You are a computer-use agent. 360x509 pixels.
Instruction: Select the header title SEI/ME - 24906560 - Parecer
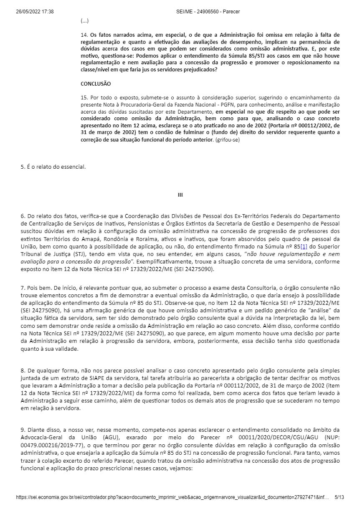[208, 12]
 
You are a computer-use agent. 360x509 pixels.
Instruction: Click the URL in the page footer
[172, 498]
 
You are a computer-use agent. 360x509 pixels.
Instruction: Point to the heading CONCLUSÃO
[96, 84]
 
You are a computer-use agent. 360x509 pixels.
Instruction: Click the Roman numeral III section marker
[180, 195]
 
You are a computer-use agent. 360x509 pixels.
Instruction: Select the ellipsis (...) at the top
[85, 20]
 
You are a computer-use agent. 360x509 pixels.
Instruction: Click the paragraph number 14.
[84, 34]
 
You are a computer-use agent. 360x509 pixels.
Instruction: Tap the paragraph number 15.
[84, 97]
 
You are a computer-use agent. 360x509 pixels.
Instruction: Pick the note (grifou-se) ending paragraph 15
[227, 139]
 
